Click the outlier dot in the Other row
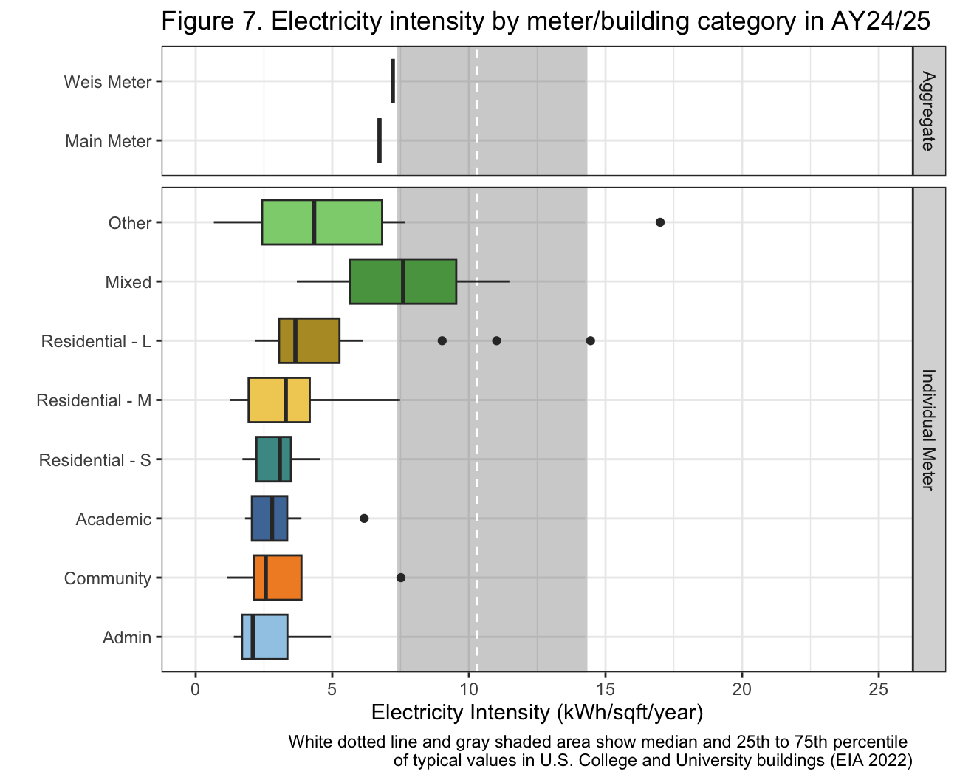pos(660,222)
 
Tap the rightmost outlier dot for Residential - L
pos(591,341)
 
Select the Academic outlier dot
pos(364,519)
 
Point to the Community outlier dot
pos(401,578)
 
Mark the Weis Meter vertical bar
pos(393,81)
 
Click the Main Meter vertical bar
pos(380,140)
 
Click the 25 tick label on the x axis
pos(879,690)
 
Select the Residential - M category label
pos(94,400)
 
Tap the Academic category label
pos(114,519)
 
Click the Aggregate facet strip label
pos(929,111)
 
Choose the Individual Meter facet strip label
pos(929,429)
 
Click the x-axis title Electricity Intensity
pos(537,713)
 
